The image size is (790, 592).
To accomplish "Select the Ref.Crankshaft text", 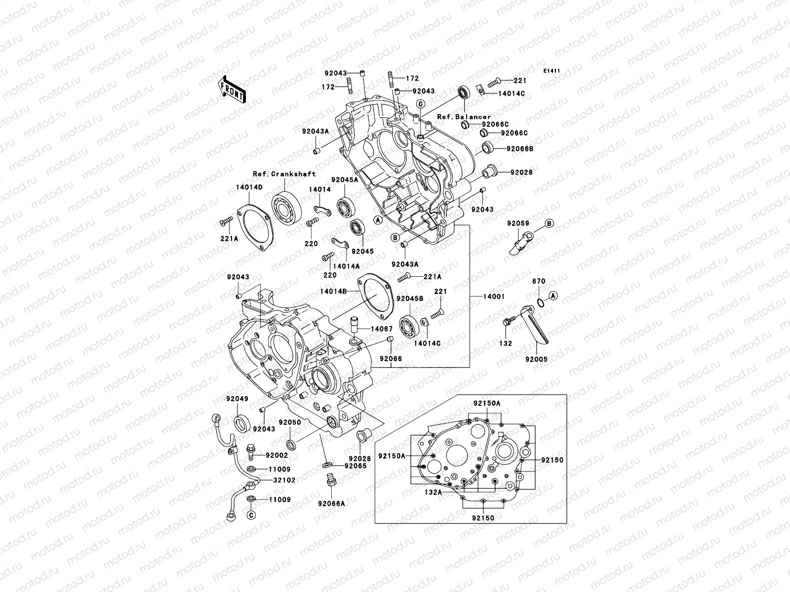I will tap(284, 174).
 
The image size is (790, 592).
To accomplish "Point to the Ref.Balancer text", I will tap(464, 117).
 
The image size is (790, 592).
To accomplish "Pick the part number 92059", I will tap(518, 223).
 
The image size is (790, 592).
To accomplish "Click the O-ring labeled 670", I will tap(541, 302).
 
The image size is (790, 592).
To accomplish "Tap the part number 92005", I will tap(536, 360).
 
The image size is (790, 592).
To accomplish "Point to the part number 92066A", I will tap(331, 504).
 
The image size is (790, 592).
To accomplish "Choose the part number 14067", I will tap(382, 329).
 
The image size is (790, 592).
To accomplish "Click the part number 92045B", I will tap(410, 298).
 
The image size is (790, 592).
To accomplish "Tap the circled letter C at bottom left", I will tap(251, 515).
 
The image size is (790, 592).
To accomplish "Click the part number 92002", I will tap(276, 455).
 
